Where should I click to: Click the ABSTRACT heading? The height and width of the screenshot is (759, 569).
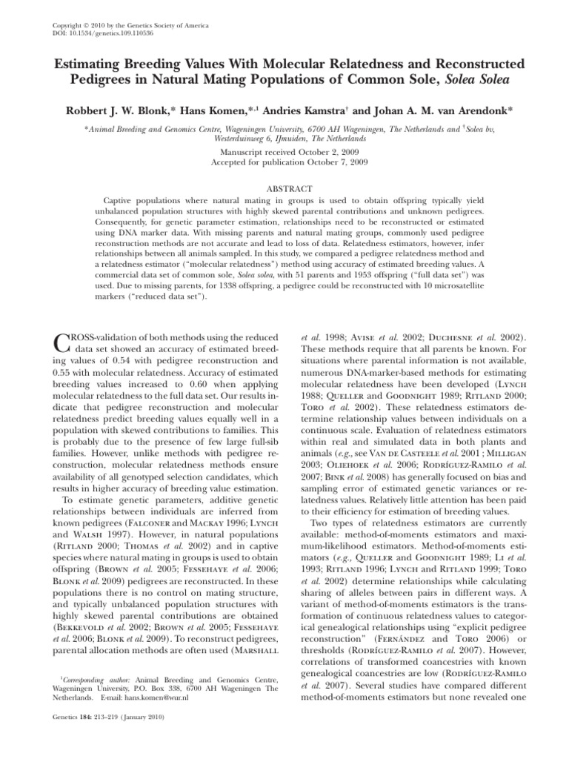tap(284, 188)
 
